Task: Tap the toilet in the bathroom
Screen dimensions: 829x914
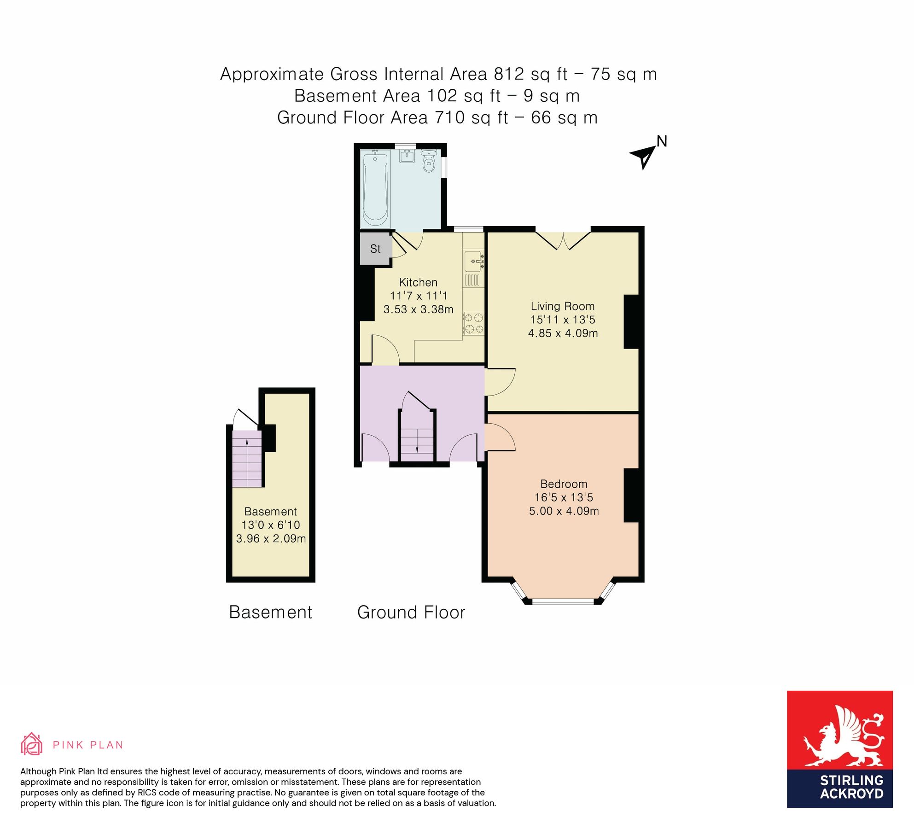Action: pyautogui.click(x=429, y=161)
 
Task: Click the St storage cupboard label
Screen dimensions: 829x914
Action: pyautogui.click(x=375, y=249)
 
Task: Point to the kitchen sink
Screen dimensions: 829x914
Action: pyautogui.click(x=473, y=262)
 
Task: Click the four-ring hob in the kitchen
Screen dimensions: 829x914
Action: pyautogui.click(x=473, y=323)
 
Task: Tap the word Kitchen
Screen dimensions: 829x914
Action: pyautogui.click(x=418, y=282)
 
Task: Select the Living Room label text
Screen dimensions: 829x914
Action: pyautogui.click(x=562, y=306)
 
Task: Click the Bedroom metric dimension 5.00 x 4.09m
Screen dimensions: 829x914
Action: pyautogui.click(x=564, y=511)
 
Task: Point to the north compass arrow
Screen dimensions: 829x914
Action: pyautogui.click(x=644, y=157)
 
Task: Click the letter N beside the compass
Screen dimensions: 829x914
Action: pyautogui.click(x=662, y=141)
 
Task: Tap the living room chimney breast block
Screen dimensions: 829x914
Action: pyautogui.click(x=631, y=321)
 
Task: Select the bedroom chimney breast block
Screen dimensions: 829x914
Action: pyautogui.click(x=631, y=495)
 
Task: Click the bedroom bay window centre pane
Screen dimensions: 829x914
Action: pyautogui.click(x=563, y=601)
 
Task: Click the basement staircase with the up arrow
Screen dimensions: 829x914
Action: pyautogui.click(x=247, y=459)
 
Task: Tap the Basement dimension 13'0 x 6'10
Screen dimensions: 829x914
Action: pyautogui.click(x=271, y=525)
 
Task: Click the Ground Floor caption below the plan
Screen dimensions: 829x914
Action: pyautogui.click(x=411, y=613)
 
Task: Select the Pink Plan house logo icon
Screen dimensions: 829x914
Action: pyautogui.click(x=31, y=744)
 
